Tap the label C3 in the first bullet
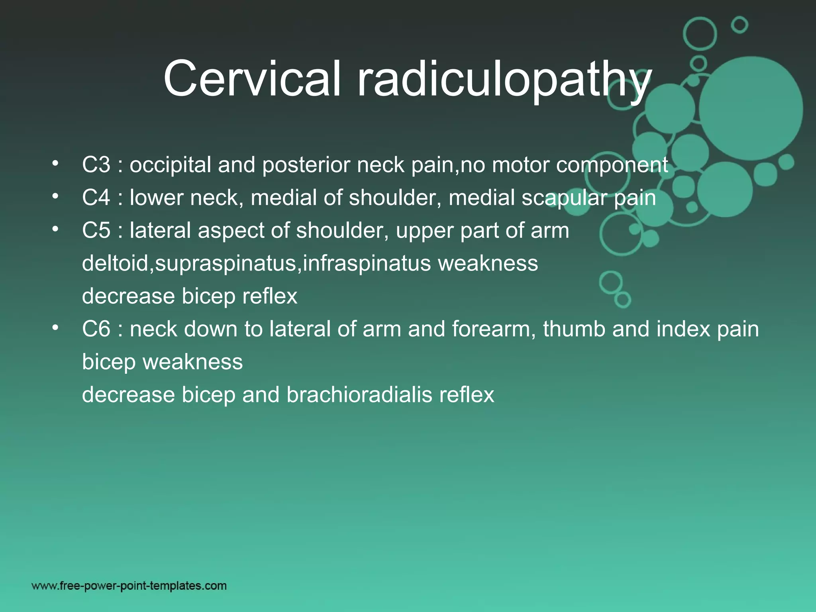(96, 165)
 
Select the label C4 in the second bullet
(96, 197)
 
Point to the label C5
(96, 230)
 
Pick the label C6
(96, 329)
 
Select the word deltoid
(115, 263)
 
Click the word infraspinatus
(367, 263)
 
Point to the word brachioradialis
(359, 395)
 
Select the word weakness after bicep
(192, 362)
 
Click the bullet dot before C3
(55, 163)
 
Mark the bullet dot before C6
(55, 328)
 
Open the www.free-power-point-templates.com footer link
(129, 586)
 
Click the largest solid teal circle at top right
(751, 108)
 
